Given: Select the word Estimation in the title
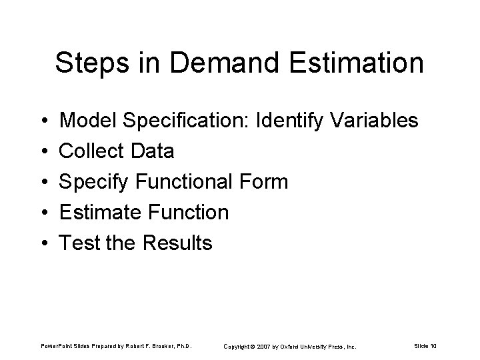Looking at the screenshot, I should [356, 64].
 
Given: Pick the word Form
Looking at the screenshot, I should [265, 182].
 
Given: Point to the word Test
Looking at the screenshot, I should [79, 243].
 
